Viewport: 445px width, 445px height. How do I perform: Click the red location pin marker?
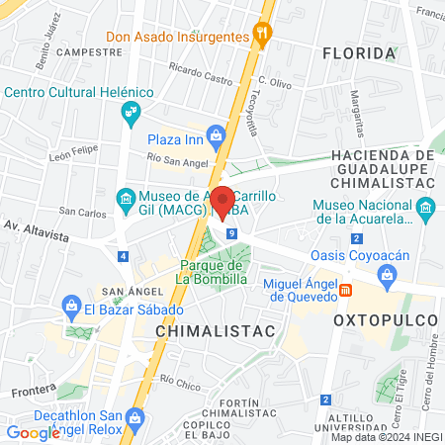click(222, 200)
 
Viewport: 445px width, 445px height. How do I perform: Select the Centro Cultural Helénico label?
click(80, 92)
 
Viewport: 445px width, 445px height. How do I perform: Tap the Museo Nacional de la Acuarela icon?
click(426, 208)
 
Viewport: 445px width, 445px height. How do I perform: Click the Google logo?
click(33, 432)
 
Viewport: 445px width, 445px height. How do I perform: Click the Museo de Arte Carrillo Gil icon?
click(127, 199)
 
